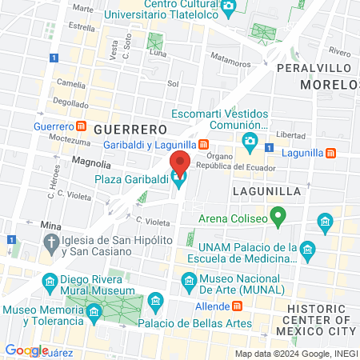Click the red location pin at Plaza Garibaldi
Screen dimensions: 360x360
pos(181,162)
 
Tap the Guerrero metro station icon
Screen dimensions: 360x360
pos(82,126)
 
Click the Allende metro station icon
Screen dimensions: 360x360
pos(237,306)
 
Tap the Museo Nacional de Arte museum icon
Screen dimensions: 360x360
pos(190,280)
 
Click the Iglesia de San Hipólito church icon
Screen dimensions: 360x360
pos(52,242)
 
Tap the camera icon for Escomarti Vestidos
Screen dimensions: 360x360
pos(250,142)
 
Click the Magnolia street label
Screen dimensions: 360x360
pos(90,161)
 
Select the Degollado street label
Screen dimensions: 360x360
pos(71,103)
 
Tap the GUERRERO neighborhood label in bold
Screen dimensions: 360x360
pos(129,128)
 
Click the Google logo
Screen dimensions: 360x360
pos(26,350)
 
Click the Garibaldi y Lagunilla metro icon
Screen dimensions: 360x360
pos(204,144)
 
